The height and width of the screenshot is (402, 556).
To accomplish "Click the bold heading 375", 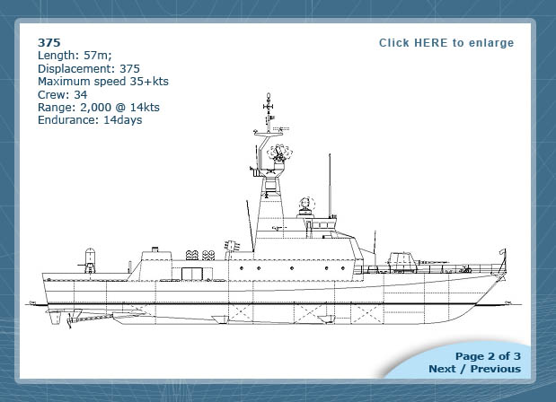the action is (x=49, y=42).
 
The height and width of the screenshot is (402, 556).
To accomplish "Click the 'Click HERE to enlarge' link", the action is (x=446, y=43).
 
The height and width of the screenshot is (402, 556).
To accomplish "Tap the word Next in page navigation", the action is (x=442, y=369).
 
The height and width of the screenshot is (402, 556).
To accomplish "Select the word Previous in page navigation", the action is (x=496, y=369).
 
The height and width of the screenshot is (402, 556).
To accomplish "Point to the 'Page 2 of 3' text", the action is (x=488, y=356).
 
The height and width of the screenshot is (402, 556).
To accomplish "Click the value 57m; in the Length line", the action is (x=98, y=56).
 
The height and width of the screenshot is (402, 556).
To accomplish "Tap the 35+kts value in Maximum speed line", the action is (x=149, y=82).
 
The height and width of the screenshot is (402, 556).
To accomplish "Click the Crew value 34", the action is (x=81, y=94).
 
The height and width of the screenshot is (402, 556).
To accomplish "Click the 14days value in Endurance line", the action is (x=123, y=120).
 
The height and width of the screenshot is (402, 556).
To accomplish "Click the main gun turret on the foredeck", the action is (x=402, y=262).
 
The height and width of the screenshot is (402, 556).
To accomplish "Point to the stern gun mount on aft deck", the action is (x=90, y=260).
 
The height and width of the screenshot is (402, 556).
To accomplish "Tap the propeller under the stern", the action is (x=69, y=320).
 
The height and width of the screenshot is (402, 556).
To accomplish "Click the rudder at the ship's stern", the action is (x=56, y=317).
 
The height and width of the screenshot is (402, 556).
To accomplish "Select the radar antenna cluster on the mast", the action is (x=279, y=153).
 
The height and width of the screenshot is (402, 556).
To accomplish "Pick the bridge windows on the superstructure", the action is (x=321, y=225).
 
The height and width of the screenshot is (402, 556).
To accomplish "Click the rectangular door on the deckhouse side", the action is (x=192, y=274).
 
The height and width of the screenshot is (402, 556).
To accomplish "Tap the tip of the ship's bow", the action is (x=506, y=249).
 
